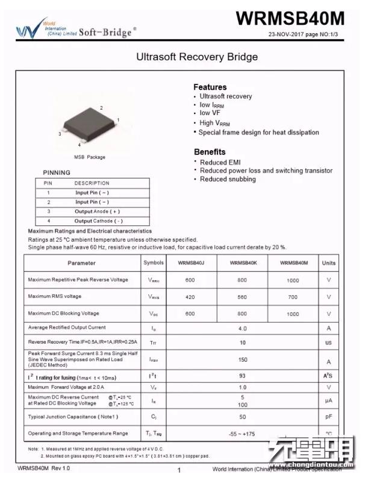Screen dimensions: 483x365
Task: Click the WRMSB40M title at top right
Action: tap(290, 19)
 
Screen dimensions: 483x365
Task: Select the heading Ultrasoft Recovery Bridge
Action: tap(197, 57)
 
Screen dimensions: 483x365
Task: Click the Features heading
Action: tap(210, 87)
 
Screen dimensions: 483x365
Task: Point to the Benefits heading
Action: tap(210, 152)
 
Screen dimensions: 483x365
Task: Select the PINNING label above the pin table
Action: tap(57, 172)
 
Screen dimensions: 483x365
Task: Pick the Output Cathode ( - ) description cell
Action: tap(98, 221)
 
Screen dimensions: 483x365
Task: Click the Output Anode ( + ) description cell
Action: tap(97, 212)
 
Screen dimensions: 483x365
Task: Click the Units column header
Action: tap(329, 263)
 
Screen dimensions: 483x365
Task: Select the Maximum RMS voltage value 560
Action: tap(242, 297)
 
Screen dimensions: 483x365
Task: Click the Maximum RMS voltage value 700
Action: tap(293, 297)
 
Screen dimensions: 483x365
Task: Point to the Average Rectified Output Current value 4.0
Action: tap(242, 329)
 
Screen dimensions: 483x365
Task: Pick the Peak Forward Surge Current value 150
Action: tap(242, 359)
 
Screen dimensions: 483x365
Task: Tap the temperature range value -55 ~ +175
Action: tap(242, 434)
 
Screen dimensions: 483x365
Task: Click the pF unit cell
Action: tap(329, 417)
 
